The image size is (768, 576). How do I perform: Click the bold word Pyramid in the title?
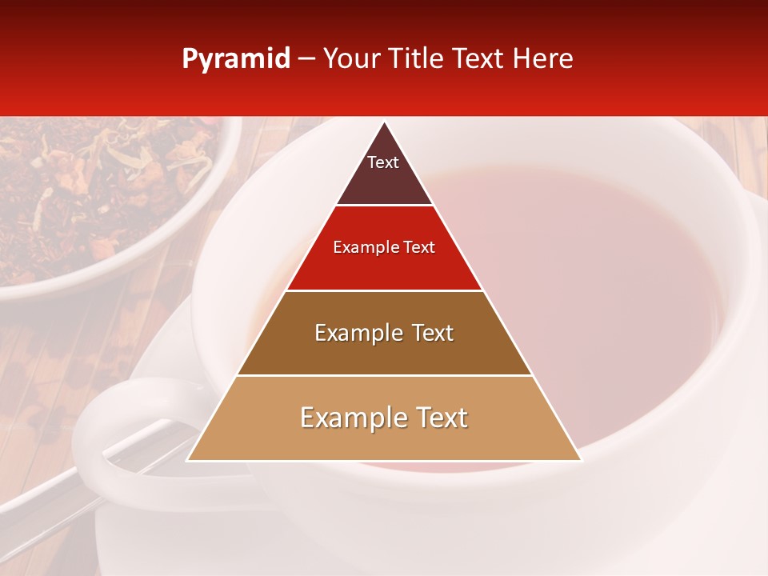pyautogui.click(x=236, y=59)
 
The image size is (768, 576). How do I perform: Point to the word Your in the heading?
pyautogui.click(x=352, y=59)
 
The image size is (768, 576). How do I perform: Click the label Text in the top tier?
pyautogui.click(x=383, y=162)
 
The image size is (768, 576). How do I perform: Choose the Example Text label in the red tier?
pyautogui.click(x=384, y=247)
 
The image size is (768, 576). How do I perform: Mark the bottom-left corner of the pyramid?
pyautogui.click(x=188, y=460)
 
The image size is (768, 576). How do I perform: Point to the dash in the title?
pyautogui.click(x=306, y=59)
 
